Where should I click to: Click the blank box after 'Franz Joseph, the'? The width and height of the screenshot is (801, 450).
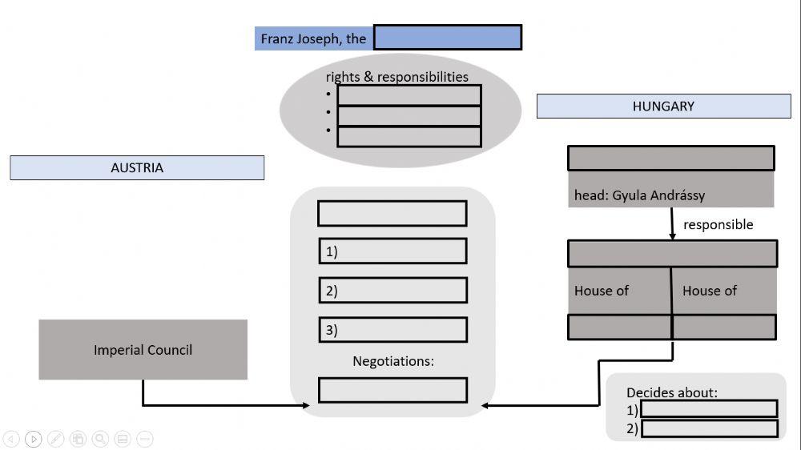pos(448,38)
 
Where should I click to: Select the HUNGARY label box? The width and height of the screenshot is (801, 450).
pos(663,106)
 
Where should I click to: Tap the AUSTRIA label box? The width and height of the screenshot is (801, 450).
pos(137,168)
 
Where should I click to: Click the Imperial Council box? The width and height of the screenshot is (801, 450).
pos(143,350)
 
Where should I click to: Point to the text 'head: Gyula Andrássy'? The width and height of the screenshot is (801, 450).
pos(639,195)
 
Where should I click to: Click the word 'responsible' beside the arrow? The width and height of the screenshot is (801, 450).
pos(718,225)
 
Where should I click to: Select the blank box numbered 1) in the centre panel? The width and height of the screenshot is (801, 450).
pos(392,251)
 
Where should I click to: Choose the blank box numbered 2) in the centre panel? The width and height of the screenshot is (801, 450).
pos(392,291)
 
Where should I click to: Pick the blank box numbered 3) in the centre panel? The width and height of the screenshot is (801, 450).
pos(392,330)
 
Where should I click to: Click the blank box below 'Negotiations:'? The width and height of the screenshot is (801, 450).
pos(392,390)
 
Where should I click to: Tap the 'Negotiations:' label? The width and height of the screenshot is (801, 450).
pos(392,362)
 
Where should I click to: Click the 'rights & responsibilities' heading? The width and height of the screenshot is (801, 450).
pos(396,77)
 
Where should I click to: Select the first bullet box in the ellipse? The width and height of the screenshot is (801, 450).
pos(409,95)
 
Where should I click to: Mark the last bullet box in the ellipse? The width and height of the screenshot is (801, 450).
pos(409,137)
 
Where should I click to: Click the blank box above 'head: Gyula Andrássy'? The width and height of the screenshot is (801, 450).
pos(671,159)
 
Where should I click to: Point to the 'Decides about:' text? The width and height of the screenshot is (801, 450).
pos(672,392)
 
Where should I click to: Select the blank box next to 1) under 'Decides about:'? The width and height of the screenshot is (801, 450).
pos(709,409)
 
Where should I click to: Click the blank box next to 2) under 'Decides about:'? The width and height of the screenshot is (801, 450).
pos(709,428)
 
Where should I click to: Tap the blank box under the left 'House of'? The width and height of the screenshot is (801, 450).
pos(619,327)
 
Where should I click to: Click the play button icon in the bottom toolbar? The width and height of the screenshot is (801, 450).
pos(33,439)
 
